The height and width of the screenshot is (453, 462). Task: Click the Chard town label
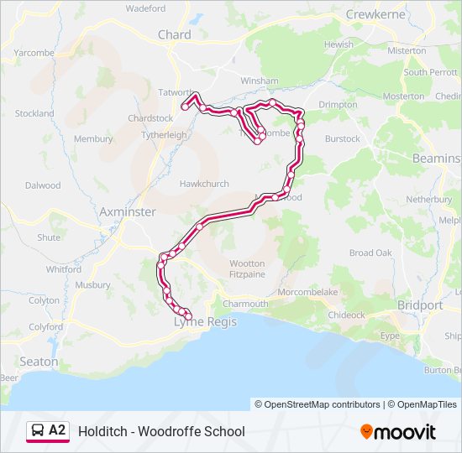(x=174, y=35)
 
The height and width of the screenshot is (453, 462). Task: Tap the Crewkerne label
(x=375, y=14)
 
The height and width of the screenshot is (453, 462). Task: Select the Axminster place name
(x=128, y=212)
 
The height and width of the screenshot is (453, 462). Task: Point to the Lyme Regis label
(x=206, y=321)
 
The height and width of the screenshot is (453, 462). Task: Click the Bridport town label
(x=420, y=305)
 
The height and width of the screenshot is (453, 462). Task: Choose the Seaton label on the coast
(x=39, y=362)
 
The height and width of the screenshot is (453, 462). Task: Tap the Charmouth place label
(x=245, y=304)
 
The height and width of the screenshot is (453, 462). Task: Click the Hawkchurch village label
(x=203, y=184)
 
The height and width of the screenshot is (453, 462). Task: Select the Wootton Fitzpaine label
(x=247, y=268)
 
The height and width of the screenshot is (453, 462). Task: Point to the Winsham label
(x=259, y=81)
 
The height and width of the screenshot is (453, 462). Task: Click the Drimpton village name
(x=338, y=105)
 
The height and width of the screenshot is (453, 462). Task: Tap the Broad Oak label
(x=370, y=253)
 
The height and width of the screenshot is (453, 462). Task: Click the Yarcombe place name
(x=34, y=52)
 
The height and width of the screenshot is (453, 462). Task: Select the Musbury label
(x=92, y=285)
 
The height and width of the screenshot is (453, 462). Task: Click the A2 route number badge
(x=57, y=430)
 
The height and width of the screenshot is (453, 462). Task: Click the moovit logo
(x=398, y=431)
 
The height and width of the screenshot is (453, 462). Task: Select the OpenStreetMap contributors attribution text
(x=318, y=404)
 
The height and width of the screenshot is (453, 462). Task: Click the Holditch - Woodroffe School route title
(x=161, y=431)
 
